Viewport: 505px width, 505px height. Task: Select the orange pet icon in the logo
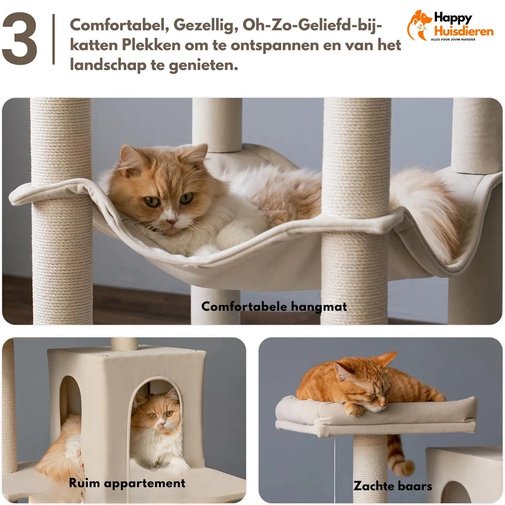click(419, 25)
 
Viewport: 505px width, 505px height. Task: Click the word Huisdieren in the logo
click(464, 32)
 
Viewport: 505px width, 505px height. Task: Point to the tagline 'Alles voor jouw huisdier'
click(453, 40)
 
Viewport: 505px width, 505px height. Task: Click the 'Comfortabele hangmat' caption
click(274, 307)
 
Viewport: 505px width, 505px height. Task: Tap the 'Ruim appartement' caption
click(127, 483)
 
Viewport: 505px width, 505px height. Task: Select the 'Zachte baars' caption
click(393, 486)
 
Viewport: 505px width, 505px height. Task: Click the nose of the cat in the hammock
click(172, 221)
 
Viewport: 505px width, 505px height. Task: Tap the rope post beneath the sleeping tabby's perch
click(370, 465)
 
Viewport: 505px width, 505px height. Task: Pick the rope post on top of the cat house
click(124, 344)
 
